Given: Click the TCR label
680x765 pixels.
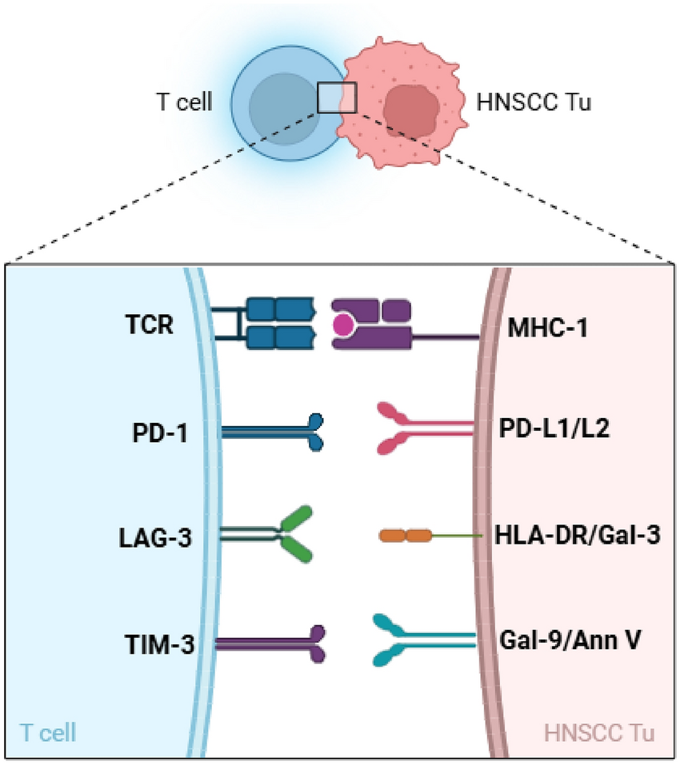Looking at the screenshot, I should tap(152, 328).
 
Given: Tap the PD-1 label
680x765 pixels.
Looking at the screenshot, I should tap(156, 432).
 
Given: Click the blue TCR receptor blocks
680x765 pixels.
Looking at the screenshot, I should tap(276, 324).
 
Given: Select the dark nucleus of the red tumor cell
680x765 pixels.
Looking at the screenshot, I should tap(410, 110).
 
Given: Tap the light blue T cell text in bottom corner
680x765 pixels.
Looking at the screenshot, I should tap(47, 732).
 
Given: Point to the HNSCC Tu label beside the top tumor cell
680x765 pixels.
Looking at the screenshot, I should tap(534, 103).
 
